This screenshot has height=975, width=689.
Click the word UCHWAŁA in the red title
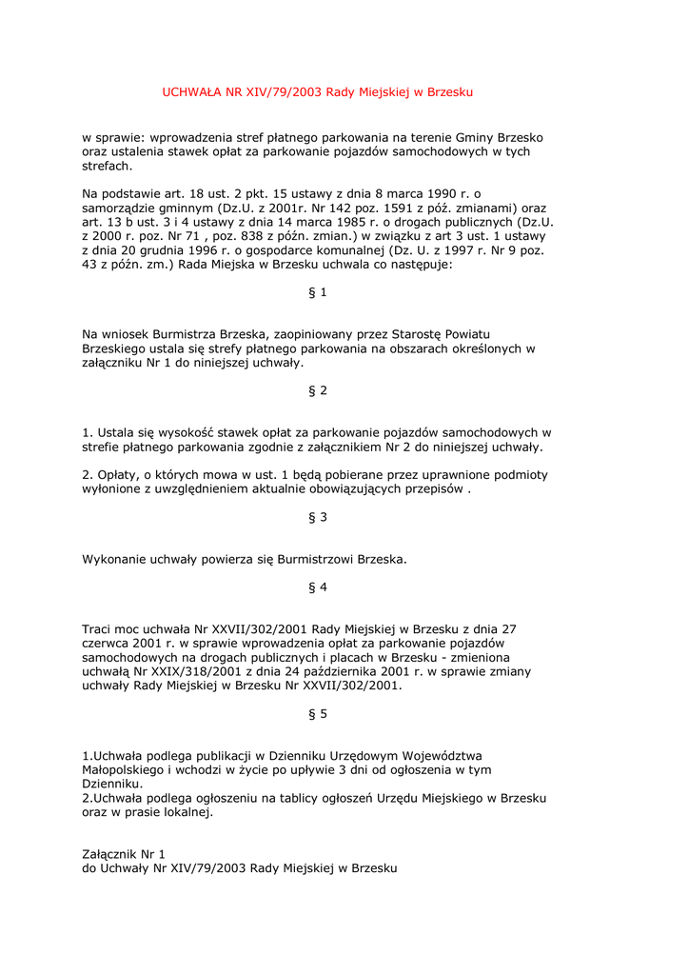pos(191,92)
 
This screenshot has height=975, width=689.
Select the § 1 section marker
pos(318,292)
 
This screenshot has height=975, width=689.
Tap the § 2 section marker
pos(318,391)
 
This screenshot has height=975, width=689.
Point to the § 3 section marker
pos(318,517)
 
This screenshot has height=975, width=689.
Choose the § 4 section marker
pos(318,587)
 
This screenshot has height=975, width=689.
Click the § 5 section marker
pos(318,714)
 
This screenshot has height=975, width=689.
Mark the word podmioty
pos(521,474)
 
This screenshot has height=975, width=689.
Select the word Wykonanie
pos(114,559)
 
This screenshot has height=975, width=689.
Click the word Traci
pos(98,629)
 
